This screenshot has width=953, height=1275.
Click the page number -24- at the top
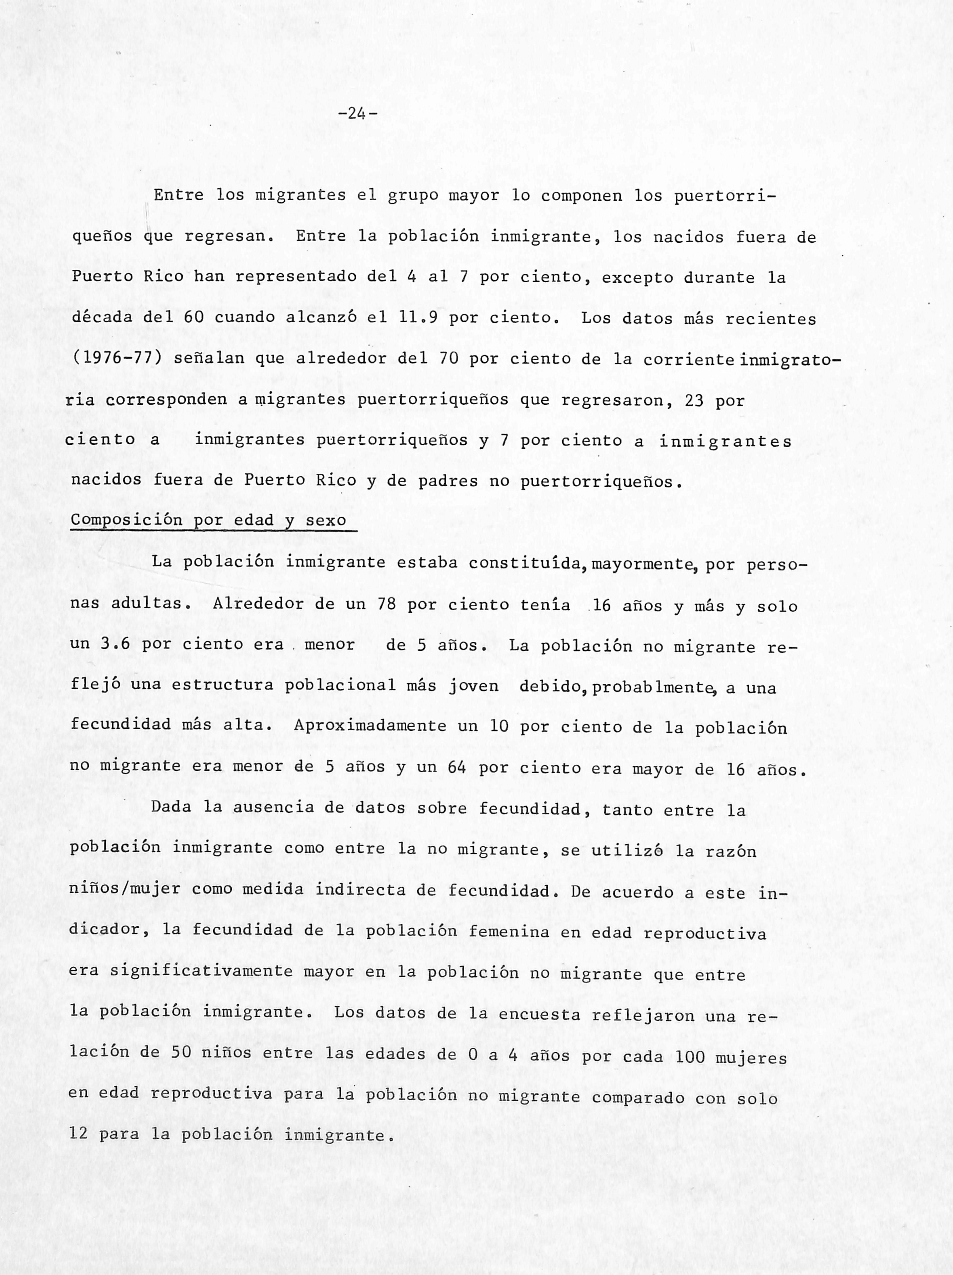click(358, 114)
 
